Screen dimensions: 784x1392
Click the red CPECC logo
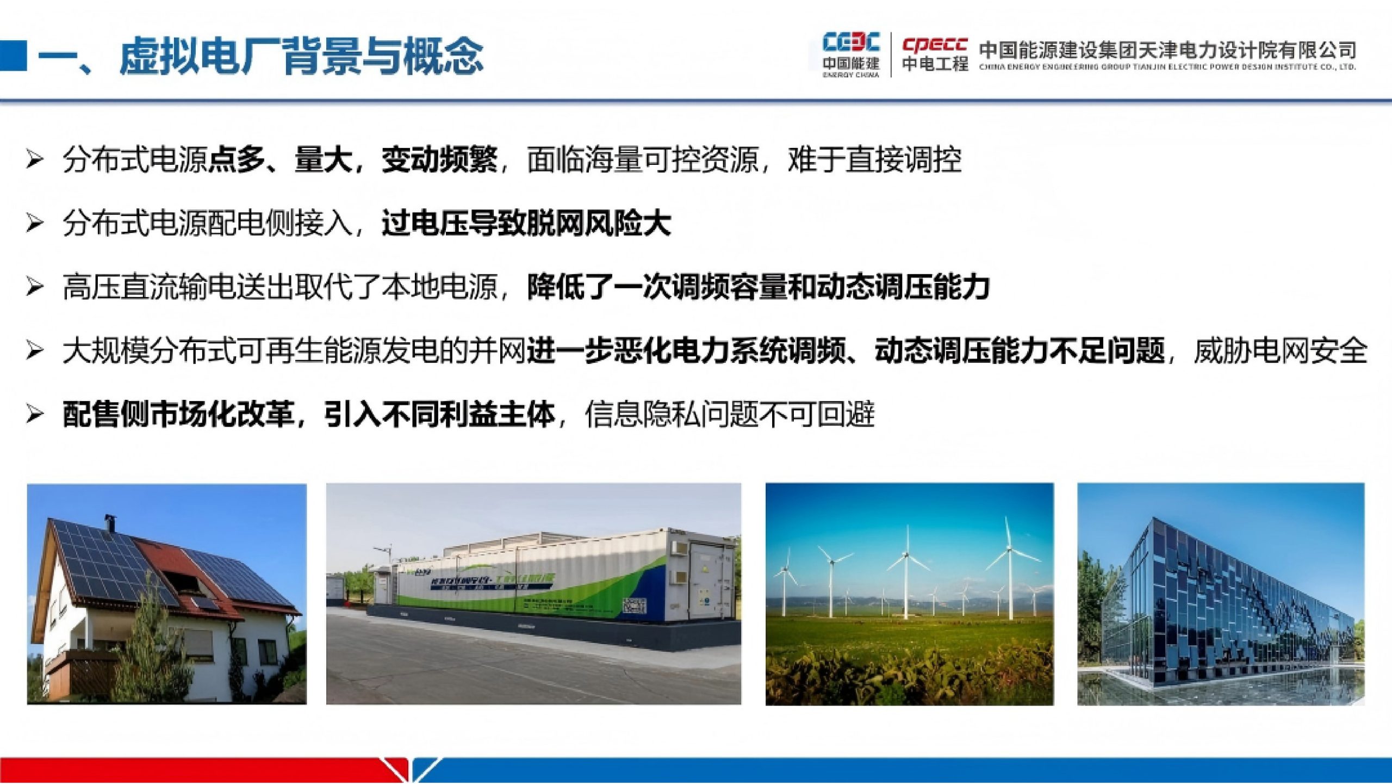tap(935, 45)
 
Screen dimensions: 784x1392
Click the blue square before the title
tap(13, 55)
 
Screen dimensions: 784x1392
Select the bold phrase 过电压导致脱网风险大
tap(526, 224)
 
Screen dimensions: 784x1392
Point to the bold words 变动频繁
tap(439, 160)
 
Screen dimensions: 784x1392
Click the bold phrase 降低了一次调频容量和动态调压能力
tap(759, 287)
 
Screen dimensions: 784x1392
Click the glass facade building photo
tap(1221, 594)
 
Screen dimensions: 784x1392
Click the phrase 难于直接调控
tap(874, 160)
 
